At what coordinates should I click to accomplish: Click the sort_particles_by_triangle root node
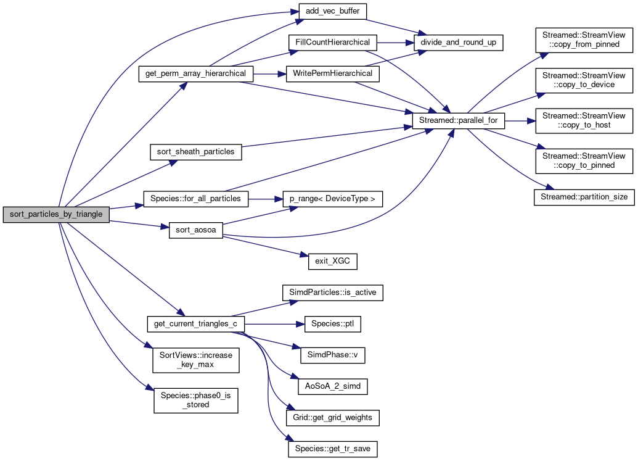click(56, 215)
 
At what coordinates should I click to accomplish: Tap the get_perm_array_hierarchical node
click(195, 73)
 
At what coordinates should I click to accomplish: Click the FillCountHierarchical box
click(332, 43)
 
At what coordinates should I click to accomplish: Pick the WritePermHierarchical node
click(332, 73)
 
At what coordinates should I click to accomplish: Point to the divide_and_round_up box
click(459, 43)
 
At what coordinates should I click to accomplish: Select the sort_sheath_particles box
click(195, 152)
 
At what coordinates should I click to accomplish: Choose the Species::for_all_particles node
click(195, 199)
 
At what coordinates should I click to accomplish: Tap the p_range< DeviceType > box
click(332, 199)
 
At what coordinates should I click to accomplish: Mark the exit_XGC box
click(332, 261)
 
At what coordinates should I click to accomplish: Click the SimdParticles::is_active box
click(332, 293)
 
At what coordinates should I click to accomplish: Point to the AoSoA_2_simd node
click(332, 386)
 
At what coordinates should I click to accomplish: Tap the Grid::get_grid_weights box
click(332, 418)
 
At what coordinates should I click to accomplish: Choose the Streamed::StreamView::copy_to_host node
click(583, 121)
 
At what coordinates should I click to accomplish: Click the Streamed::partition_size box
click(583, 197)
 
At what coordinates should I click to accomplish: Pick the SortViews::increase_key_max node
click(195, 361)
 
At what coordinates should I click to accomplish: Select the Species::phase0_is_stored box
click(195, 401)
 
